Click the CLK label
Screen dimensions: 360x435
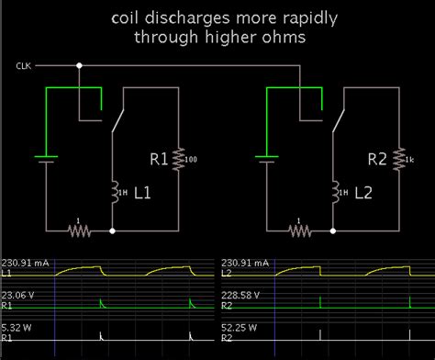click(x=23, y=67)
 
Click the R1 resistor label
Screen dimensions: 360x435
click(x=159, y=161)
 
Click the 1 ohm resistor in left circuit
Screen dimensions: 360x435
click(x=79, y=230)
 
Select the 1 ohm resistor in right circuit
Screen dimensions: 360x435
click(x=299, y=230)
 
